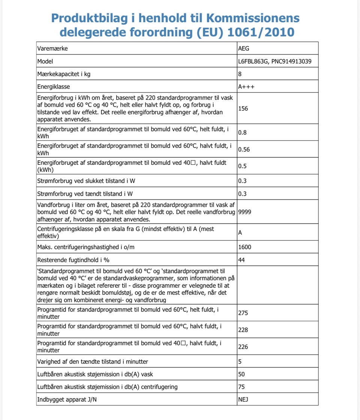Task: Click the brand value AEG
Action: click(243, 48)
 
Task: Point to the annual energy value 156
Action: click(243, 108)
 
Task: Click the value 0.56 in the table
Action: click(244, 149)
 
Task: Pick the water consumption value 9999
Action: click(244, 212)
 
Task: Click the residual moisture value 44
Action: click(241, 260)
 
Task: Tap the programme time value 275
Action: click(243, 313)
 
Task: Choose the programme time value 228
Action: click(243, 330)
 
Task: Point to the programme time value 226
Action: click(243, 347)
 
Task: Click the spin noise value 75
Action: click(241, 387)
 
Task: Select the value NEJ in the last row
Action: click(243, 399)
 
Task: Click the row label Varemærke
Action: click(52, 48)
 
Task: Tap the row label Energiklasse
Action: click(54, 87)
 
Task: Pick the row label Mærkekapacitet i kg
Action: click(64, 74)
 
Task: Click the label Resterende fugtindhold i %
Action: click(73, 260)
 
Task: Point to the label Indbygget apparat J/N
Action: click(67, 399)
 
